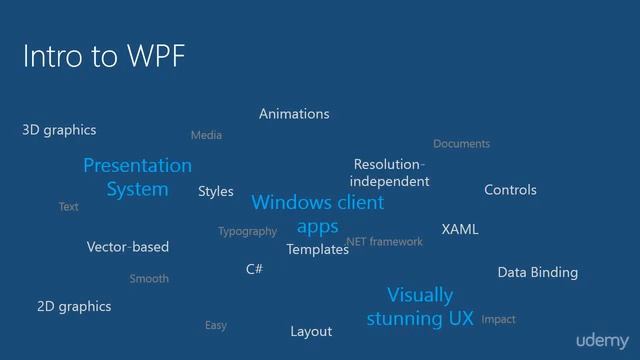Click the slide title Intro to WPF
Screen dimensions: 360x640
(104, 56)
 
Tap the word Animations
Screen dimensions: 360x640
(294, 114)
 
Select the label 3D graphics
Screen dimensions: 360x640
(59, 130)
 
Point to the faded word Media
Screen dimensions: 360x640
(206, 135)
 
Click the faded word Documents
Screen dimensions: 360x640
(461, 144)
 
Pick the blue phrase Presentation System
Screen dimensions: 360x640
(137, 177)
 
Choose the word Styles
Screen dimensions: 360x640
(215, 191)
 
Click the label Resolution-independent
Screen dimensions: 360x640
(389, 173)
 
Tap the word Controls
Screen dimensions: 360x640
(510, 190)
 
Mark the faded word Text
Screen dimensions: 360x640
(68, 207)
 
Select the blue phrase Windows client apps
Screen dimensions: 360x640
(317, 214)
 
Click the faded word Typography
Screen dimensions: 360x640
(247, 232)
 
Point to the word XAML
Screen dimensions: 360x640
(460, 230)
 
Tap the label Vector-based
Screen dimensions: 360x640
(128, 247)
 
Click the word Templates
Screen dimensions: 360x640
(317, 250)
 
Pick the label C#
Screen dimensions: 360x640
(254, 270)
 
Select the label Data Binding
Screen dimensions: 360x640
(537, 272)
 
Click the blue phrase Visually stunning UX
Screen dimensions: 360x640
(420, 307)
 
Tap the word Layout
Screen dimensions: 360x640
(311, 331)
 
